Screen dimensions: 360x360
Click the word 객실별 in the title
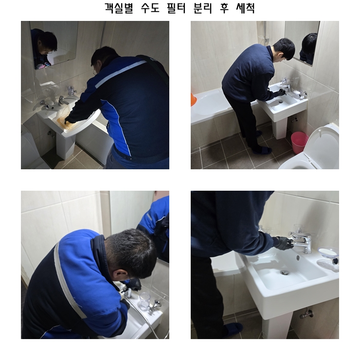click(x=119, y=8)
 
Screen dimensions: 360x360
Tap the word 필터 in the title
click(x=176, y=8)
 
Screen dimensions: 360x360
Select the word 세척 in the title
click(x=246, y=8)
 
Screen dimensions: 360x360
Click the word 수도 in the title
click(x=150, y=8)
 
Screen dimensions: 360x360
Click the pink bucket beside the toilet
click(x=299, y=143)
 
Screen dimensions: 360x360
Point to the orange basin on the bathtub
click(x=193, y=99)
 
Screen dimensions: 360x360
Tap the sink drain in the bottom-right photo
click(x=285, y=272)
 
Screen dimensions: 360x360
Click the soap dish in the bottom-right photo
click(x=328, y=252)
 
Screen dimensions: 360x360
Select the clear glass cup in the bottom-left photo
click(x=144, y=301)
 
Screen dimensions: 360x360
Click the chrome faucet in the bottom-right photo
click(x=302, y=241)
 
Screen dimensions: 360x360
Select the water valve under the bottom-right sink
click(x=307, y=314)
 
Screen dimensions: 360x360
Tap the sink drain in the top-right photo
click(x=281, y=101)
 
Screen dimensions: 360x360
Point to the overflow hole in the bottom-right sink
click(x=298, y=258)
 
